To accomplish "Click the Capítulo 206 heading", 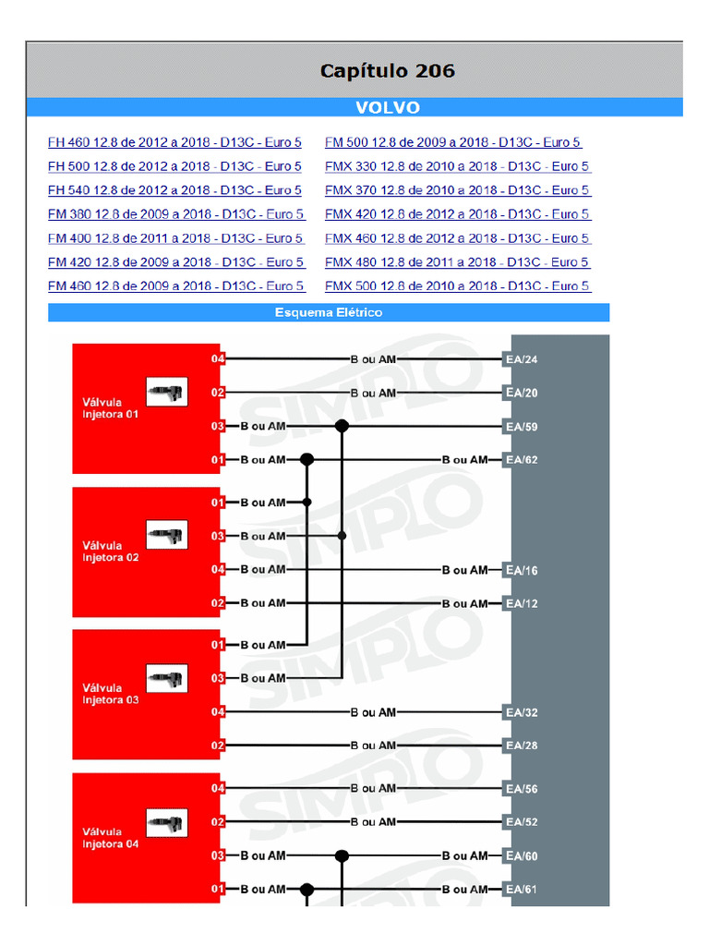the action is click(387, 71).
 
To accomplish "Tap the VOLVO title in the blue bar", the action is click(388, 107).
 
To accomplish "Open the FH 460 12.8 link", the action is click(174, 142).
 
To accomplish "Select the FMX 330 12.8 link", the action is click(457, 166).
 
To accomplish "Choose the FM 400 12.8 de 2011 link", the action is click(175, 238).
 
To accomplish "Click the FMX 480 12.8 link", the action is click(457, 262).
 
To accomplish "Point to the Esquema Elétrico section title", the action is click(329, 312).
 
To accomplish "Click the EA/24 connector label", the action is click(522, 359).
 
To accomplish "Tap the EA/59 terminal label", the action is click(522, 427).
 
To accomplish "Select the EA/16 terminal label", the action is click(522, 570).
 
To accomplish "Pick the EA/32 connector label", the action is click(522, 712).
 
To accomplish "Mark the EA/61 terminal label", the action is click(521, 890).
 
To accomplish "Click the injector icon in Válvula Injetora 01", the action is click(167, 392).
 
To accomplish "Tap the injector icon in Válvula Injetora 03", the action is click(167, 679).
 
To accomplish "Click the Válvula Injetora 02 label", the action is click(111, 552).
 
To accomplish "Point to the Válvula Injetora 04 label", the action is click(111, 838).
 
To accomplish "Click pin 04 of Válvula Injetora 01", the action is click(218, 359).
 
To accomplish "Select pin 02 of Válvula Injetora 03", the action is click(218, 746).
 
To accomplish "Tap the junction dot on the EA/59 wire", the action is click(342, 427).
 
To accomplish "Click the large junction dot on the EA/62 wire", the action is click(306, 460).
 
